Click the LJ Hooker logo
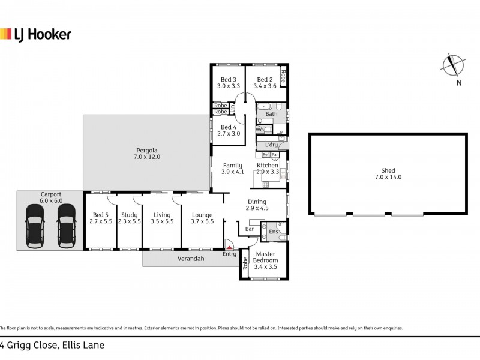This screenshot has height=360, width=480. [x=35, y=34]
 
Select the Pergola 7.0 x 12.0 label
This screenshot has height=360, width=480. [x=147, y=153]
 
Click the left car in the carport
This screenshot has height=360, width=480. [x=35, y=226]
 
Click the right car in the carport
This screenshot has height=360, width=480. [x=66, y=226]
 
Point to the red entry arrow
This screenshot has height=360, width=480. [x=229, y=245]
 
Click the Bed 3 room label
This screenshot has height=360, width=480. [x=228, y=83]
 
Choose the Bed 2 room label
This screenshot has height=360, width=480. [x=265, y=83]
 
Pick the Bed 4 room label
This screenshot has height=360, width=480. [x=228, y=130]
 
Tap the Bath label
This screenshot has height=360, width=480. [x=272, y=113]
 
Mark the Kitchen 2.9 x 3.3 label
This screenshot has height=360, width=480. [x=268, y=169]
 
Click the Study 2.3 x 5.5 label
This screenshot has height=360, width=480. [x=129, y=218]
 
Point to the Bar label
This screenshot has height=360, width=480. [x=250, y=229]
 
